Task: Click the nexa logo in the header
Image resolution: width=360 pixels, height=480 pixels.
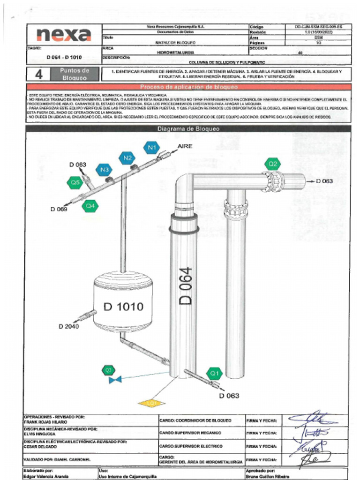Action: (x=63, y=35)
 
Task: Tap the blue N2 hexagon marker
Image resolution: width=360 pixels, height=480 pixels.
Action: (x=127, y=158)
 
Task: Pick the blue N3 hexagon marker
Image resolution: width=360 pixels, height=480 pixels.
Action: (x=104, y=169)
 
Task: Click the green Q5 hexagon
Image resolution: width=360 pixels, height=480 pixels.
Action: (x=75, y=182)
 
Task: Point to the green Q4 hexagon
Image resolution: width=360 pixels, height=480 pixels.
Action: (x=90, y=205)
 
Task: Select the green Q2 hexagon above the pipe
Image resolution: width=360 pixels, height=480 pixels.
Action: (x=272, y=164)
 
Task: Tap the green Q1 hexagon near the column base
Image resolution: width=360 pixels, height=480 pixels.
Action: (x=215, y=374)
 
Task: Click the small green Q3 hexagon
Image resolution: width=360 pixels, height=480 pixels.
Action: (x=109, y=370)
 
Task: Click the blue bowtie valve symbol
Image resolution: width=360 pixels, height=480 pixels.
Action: (x=115, y=379)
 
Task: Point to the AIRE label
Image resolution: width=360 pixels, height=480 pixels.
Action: (x=185, y=147)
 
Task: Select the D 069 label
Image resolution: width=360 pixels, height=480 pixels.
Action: (x=59, y=209)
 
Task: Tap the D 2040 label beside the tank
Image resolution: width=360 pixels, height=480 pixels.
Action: (x=69, y=326)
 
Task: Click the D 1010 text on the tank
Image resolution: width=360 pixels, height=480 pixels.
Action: (x=123, y=307)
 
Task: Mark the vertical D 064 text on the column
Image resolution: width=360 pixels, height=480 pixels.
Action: (x=186, y=286)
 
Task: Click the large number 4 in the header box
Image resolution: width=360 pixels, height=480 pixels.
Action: (x=39, y=75)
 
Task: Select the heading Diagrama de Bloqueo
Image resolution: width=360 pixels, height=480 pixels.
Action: (x=188, y=128)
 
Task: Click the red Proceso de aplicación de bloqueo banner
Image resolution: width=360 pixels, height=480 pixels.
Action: (x=188, y=87)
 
